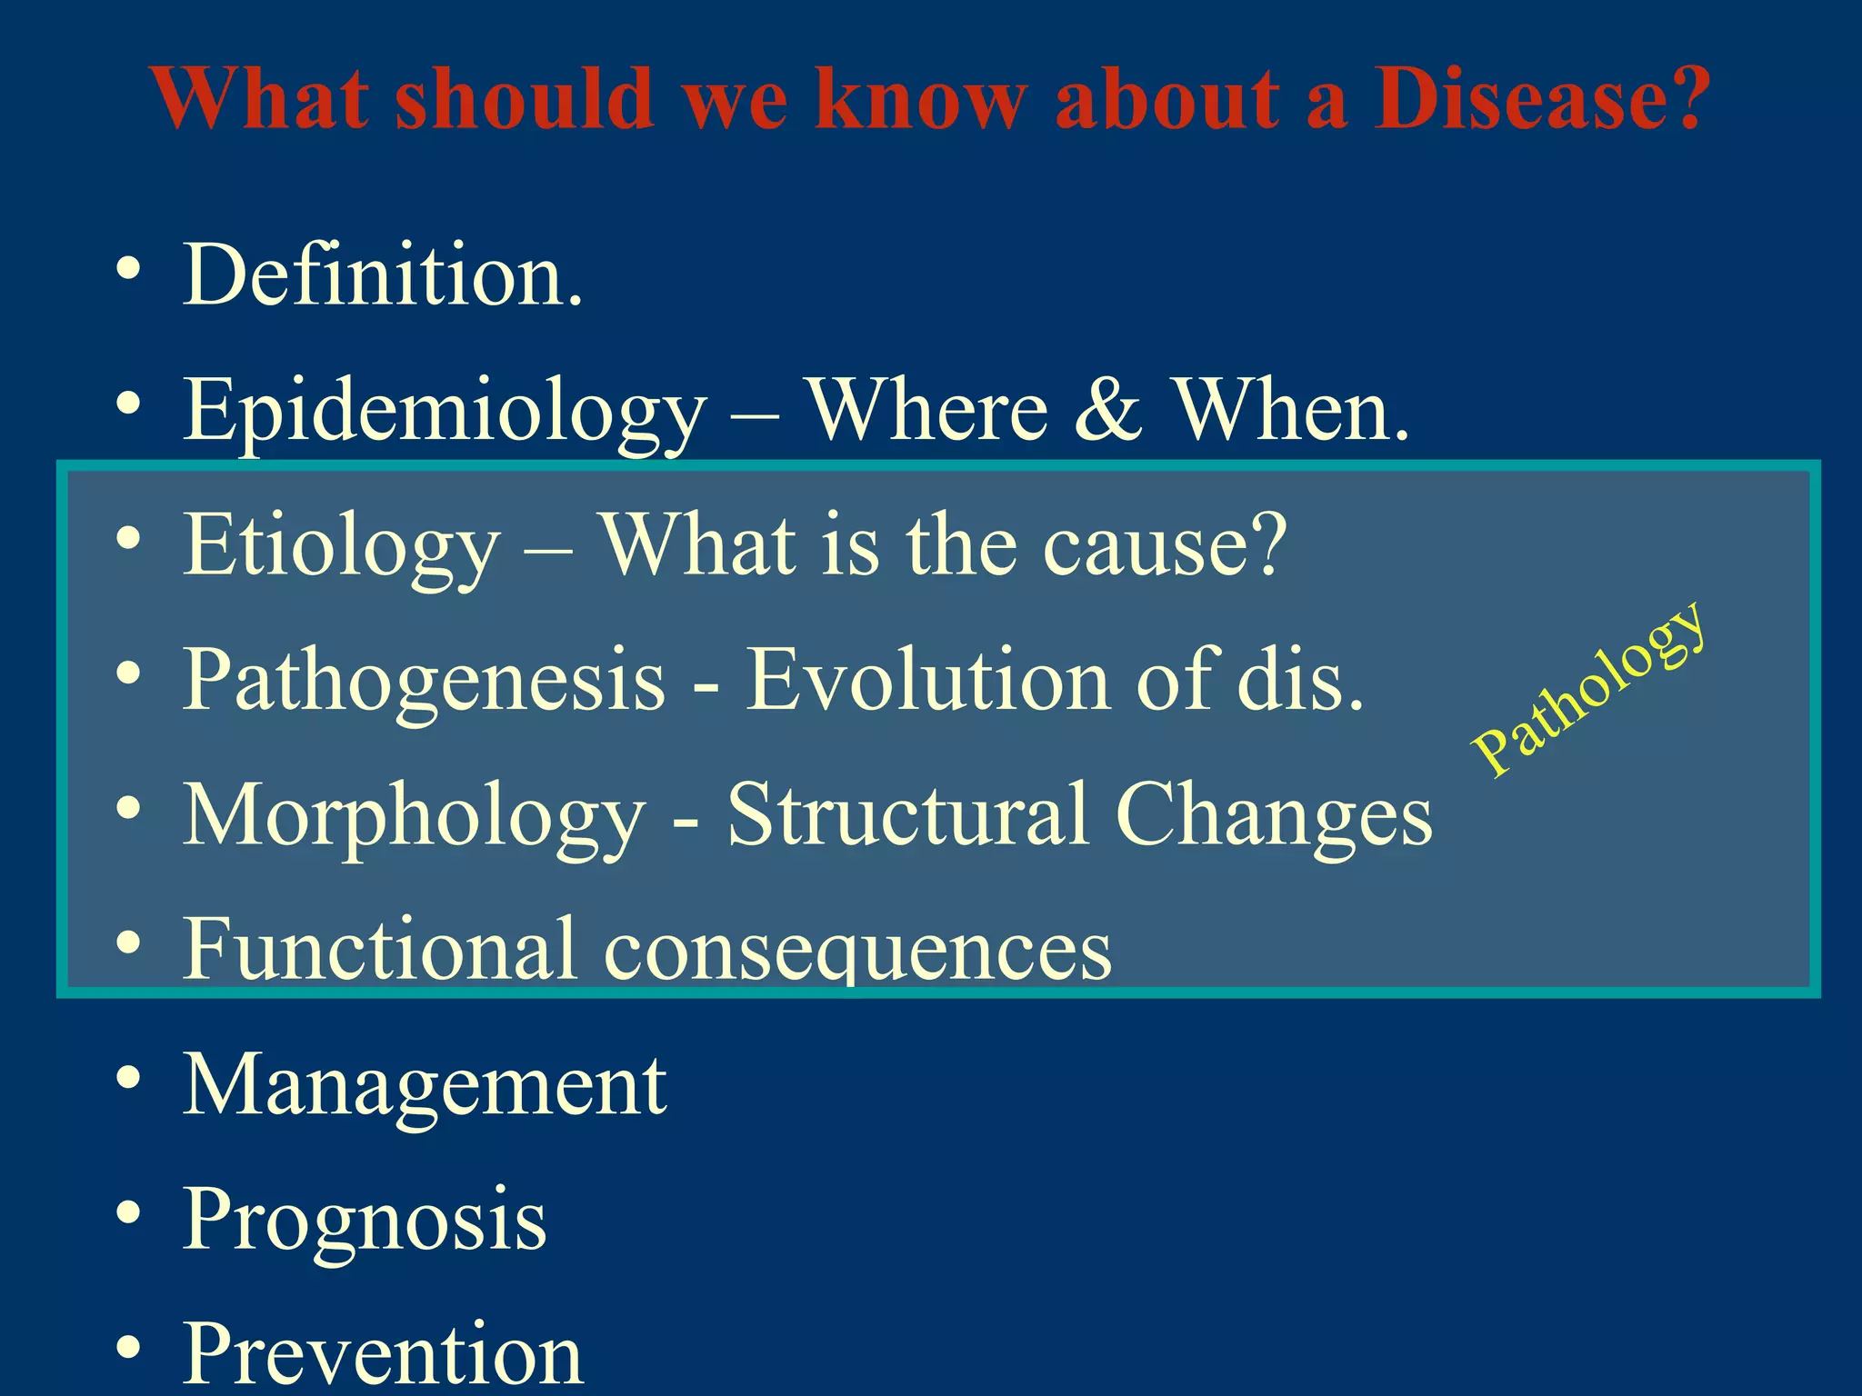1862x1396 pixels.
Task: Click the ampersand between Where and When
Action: [x=1107, y=411]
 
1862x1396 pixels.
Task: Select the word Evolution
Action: [x=927, y=680]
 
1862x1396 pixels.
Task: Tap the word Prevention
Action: [x=382, y=1354]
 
